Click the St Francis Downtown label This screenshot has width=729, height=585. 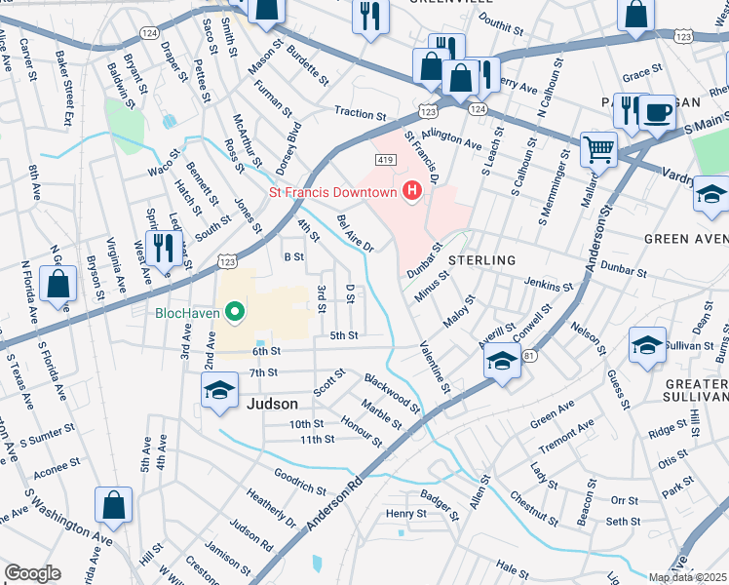tap(332, 191)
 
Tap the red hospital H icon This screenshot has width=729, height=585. tap(412, 191)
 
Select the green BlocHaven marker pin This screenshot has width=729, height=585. tap(234, 313)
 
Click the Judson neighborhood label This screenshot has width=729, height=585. tap(272, 402)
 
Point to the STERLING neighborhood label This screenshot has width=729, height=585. tap(481, 260)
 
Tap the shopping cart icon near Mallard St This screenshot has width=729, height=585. tap(598, 150)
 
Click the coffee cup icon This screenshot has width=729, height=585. tap(658, 111)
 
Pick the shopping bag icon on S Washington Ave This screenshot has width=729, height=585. tap(113, 505)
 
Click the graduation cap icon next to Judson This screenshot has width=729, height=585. tap(219, 390)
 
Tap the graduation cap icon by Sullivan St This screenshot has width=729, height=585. tap(647, 346)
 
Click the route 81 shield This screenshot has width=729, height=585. tap(529, 357)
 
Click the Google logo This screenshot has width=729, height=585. tap(32, 573)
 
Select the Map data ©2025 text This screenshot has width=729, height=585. tap(688, 577)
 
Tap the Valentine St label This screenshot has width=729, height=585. tap(435, 367)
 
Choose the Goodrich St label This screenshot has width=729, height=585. tap(299, 481)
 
